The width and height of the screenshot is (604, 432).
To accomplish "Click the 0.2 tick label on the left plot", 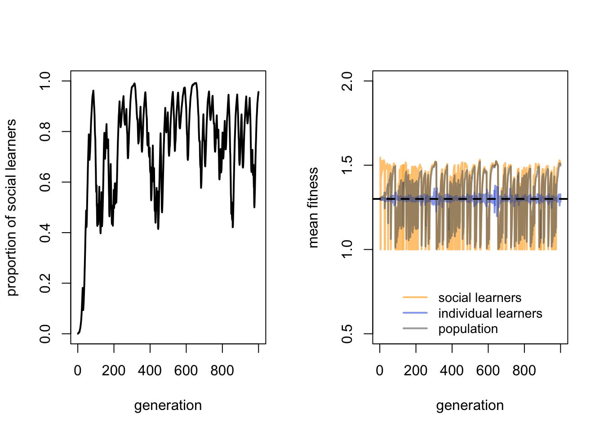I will pos(45,283).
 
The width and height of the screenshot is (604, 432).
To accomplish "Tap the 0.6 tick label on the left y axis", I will pos(45,182).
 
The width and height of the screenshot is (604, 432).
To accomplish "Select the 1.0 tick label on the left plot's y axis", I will pos(45,81).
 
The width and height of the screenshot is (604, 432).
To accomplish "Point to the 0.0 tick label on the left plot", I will pos(45,334).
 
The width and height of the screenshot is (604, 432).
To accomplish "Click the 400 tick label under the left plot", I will pos(150,371).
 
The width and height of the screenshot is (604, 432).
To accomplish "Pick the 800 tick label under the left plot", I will pos(222,371).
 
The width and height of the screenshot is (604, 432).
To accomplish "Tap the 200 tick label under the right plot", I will pos(416,371).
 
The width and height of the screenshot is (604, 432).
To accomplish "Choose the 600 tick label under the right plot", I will pos(488,371).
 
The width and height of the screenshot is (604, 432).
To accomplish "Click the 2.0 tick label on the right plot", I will pos(347,81).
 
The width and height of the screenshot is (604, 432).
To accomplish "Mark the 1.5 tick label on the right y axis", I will pos(347,165).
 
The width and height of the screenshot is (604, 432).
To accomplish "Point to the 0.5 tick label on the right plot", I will pos(347,334).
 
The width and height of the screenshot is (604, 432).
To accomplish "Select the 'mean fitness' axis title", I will pos(313,207).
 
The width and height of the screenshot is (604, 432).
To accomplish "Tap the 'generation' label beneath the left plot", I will pos(168,405).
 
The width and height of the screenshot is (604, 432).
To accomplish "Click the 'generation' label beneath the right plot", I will pos(470,405).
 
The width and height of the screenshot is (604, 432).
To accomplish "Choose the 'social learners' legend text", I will pos(480,298).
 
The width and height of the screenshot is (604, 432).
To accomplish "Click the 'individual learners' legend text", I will pos(490,313).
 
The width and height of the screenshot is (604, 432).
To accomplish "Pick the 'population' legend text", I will pos(468,329).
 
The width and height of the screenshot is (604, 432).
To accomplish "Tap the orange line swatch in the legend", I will pos(415,297).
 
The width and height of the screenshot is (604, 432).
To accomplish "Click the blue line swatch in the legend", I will pos(415,313).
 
